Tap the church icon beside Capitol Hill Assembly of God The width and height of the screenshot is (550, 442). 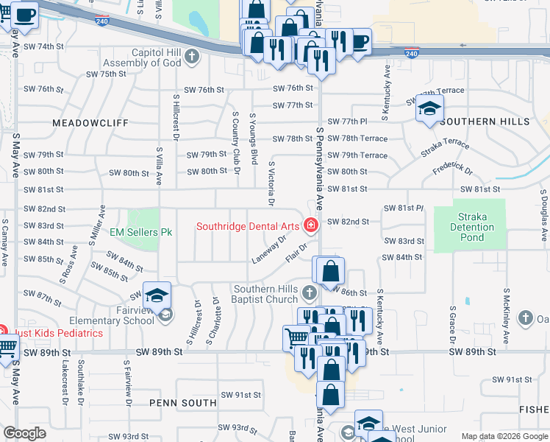coord(192,56)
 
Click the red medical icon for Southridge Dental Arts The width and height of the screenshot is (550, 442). coord(311,225)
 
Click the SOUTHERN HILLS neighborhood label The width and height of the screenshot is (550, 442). coord(485,121)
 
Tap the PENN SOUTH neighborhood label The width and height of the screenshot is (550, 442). coord(183,402)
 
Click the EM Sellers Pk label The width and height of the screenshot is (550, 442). coord(140,232)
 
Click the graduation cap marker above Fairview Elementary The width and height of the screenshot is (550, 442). coord(157,295)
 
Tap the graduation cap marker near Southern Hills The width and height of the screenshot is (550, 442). coord(429,110)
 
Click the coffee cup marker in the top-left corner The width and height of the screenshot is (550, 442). coord(24,16)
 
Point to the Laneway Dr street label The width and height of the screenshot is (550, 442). coord(268,250)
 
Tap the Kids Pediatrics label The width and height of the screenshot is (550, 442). coord(57,333)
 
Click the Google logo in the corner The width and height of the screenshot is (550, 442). coord(24,433)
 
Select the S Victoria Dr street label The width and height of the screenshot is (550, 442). coord(271,183)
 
